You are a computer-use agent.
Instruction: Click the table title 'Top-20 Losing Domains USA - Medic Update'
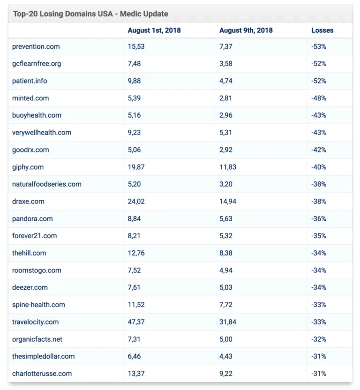pos(90,14)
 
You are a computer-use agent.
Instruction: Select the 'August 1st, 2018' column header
pos(154,30)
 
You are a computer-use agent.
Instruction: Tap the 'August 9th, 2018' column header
pos(246,30)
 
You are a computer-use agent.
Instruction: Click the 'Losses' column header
pos(322,30)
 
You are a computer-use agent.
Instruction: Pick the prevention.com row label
pos(36,46)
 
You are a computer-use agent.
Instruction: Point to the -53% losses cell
pos(318,46)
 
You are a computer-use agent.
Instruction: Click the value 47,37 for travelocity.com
pos(136,322)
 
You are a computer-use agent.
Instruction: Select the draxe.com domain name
pos(28,202)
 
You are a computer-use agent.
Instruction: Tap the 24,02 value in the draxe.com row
pos(136,202)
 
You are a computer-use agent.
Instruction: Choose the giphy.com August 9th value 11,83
pos(228,167)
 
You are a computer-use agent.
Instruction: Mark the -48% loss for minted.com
pos(318,98)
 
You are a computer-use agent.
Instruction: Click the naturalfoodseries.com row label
pos(47,184)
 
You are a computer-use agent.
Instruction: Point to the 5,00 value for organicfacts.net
pos(226,339)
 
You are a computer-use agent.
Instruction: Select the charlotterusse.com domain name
pos(42,374)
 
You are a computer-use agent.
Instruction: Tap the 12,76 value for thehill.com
pos(136,253)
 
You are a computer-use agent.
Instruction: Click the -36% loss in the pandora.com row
pos(318,219)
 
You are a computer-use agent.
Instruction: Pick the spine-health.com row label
pos(38,305)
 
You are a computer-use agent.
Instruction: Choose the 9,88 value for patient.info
pos(135,81)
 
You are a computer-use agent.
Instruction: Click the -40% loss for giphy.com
pos(318,167)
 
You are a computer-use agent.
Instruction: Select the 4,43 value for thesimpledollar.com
pos(226,356)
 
